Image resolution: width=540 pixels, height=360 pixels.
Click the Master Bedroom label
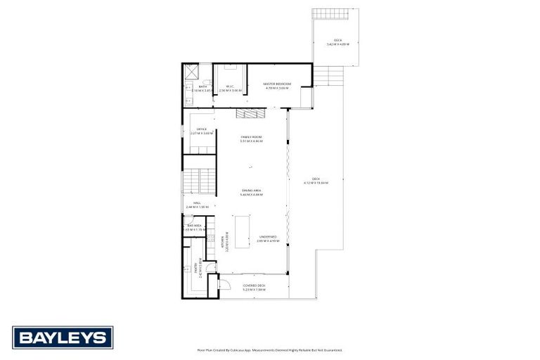(277, 86)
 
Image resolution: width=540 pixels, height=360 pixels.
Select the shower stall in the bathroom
(192, 72)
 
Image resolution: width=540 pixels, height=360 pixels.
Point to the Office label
(201, 129)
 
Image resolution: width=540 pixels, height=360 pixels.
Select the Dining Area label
(251, 191)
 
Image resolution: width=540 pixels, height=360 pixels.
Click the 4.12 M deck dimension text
(316, 182)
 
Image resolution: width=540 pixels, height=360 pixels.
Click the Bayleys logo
(63, 337)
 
